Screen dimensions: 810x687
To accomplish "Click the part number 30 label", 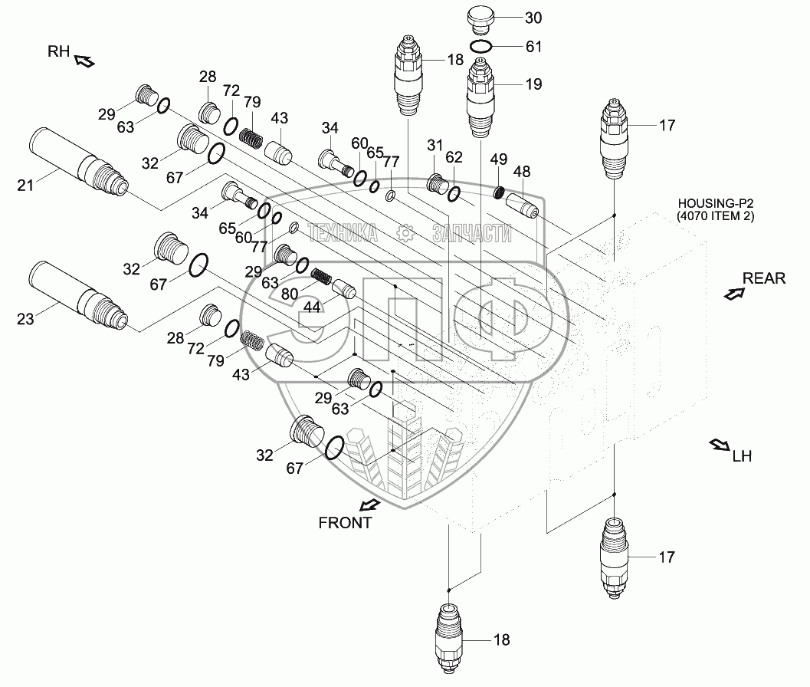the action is click(533, 18).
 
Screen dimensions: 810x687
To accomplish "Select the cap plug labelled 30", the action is click(480, 18).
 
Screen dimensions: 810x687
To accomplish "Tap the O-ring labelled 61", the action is click(481, 47).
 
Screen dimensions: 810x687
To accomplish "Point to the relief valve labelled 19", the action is click(480, 97).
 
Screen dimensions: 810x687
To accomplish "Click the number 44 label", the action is click(312, 307).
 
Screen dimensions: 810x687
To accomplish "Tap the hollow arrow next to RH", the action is click(85, 61).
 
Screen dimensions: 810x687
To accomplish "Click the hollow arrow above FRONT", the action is click(370, 505).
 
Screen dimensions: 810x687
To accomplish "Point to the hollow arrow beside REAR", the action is click(734, 294).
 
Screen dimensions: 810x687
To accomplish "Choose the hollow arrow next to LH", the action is click(719, 445).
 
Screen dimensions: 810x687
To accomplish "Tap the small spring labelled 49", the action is click(499, 192).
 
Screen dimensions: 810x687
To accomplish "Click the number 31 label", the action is click(435, 145).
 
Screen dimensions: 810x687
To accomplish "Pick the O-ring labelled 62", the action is click(454, 194).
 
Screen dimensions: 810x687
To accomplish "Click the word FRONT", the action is click(345, 523).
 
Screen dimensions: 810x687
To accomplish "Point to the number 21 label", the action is click(25, 185).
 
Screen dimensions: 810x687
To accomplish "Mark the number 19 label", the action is click(533, 84).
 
